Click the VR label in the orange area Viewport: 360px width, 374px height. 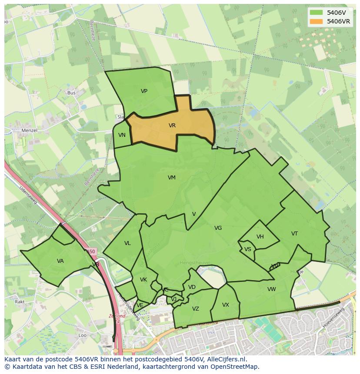point(172,126)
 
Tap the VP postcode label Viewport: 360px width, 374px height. point(144,91)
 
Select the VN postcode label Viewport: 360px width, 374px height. point(122,135)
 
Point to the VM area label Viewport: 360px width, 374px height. point(172,178)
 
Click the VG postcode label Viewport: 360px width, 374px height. point(218,228)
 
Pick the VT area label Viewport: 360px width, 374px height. point(294,234)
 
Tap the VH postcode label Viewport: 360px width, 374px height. point(260,237)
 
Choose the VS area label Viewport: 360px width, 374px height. point(248,249)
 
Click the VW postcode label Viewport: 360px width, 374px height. point(272,289)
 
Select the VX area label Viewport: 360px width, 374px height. point(225,305)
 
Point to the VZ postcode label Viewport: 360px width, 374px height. point(196,309)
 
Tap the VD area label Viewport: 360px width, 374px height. point(192,287)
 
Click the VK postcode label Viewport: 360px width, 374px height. point(143,280)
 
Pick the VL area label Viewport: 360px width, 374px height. point(127,243)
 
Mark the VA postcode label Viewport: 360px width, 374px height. point(60,261)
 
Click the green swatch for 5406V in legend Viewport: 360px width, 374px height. point(316,13)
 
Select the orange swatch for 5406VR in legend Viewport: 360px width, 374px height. point(316,21)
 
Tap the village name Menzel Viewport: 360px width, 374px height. point(30,130)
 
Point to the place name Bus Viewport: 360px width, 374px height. point(71,93)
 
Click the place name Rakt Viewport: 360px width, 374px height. point(20,301)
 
